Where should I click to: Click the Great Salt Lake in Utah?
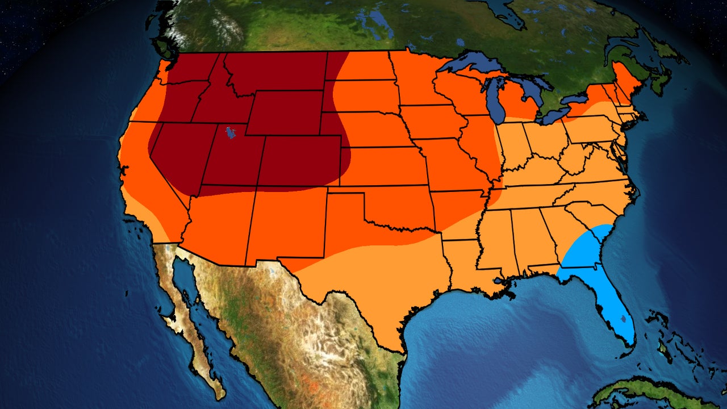230,133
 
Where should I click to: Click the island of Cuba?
653,392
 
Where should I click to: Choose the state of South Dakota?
363,97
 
